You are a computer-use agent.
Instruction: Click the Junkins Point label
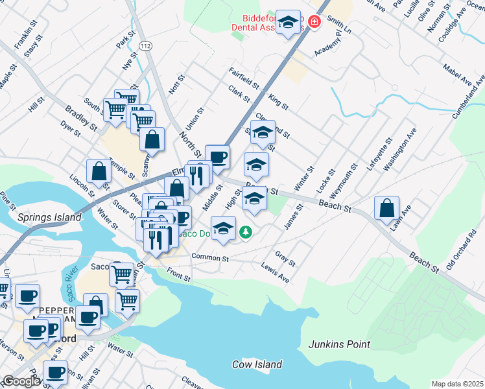(339, 344)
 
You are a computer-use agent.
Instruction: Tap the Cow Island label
(257, 364)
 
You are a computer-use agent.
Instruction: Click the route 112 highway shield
(145, 45)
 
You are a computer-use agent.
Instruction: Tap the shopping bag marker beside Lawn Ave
(386, 209)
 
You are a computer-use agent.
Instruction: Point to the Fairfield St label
(243, 78)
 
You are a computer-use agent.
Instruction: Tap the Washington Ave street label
(398, 154)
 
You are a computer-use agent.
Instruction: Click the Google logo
(21, 381)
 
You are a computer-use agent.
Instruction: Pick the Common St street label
(210, 257)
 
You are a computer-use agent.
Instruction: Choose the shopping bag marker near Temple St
(99, 172)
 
